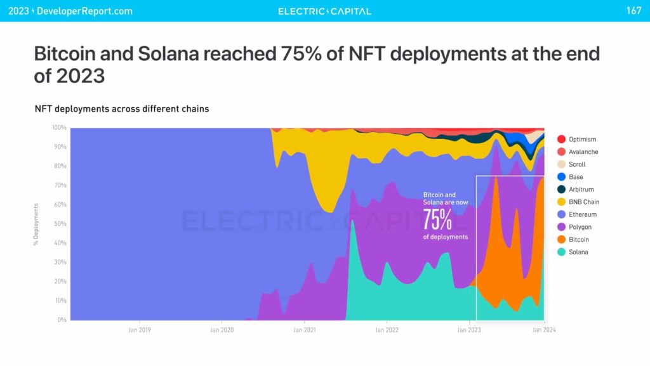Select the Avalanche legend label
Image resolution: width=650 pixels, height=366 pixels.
(583, 152)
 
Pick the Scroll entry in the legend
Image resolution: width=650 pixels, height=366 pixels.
(577, 164)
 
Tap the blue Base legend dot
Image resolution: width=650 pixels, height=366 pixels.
(561, 177)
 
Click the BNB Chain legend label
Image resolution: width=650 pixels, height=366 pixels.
(584, 202)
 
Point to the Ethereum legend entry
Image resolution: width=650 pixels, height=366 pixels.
(582, 214)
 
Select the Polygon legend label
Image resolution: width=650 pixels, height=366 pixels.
(580, 227)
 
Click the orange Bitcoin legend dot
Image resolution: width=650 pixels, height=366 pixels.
(561, 240)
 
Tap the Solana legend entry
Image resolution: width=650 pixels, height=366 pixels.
(578, 252)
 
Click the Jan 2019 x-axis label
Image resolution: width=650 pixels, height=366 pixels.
(140, 330)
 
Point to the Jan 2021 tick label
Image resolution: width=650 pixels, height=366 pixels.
(305, 330)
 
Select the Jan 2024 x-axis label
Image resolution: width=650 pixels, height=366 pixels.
(543, 330)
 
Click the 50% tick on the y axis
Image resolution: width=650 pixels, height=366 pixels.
(60, 224)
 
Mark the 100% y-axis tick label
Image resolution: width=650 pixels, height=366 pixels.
(59, 128)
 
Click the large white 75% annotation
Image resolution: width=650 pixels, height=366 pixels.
(437, 219)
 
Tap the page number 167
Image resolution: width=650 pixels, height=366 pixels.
(633, 11)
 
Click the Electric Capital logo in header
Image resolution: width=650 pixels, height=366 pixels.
(324, 11)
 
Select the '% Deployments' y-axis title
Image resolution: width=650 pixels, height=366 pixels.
(36, 225)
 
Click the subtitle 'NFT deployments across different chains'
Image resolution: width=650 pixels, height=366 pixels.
(122, 108)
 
